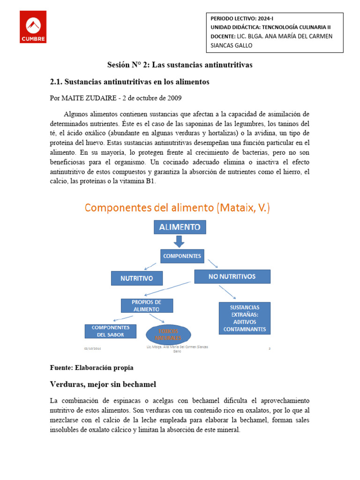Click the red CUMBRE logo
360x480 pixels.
[33, 27]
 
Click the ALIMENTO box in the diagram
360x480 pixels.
[180, 227]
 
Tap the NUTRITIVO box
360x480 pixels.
[137, 278]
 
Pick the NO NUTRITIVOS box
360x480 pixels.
[232, 277]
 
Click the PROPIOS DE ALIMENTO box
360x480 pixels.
[147, 306]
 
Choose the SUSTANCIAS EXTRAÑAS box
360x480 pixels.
[245, 318]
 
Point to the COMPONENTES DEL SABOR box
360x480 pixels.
[110, 331]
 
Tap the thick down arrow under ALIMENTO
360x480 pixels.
[179, 241]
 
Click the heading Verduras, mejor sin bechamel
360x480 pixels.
[103, 384]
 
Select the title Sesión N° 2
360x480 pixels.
[180, 65]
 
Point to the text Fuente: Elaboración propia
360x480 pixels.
[91, 367]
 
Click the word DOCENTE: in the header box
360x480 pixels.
[223, 36]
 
